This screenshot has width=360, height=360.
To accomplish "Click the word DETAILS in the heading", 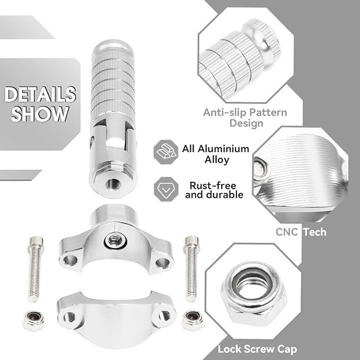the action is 40,94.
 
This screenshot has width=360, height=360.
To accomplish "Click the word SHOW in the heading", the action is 40,113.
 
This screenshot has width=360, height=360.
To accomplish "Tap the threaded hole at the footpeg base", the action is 113,183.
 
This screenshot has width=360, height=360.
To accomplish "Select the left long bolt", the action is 36,269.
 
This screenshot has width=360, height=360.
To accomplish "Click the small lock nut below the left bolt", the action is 33,320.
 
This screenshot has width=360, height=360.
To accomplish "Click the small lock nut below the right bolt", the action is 192,320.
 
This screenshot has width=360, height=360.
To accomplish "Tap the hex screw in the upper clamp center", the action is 115,240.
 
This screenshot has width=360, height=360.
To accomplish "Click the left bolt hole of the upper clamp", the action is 71,260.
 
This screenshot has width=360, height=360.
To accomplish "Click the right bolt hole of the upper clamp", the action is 163,262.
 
